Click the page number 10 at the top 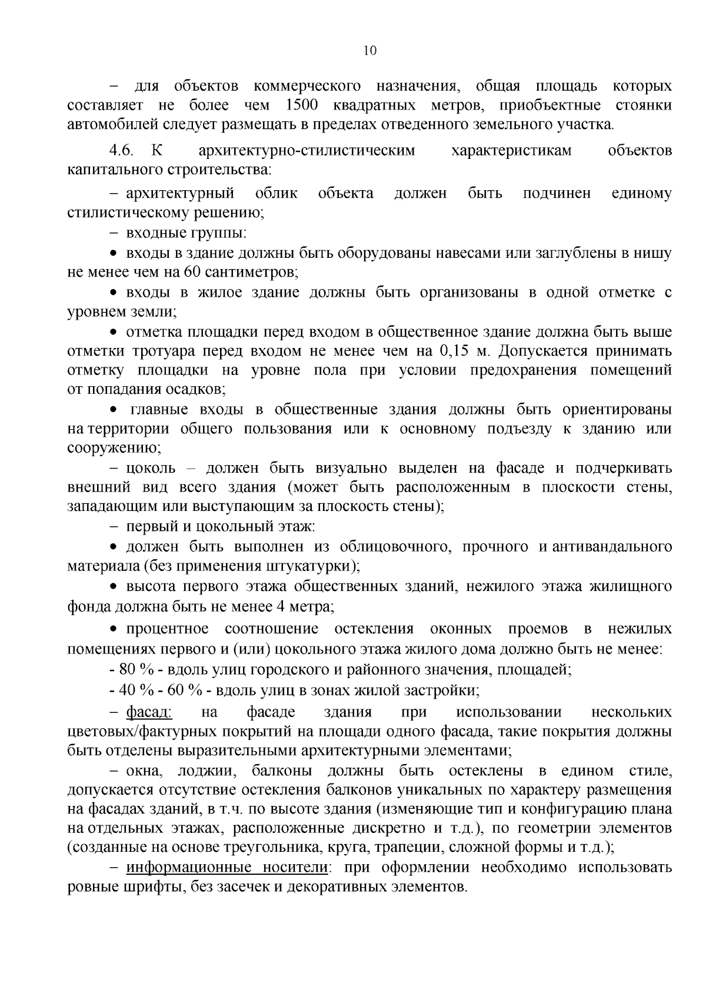369,51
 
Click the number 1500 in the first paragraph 302,105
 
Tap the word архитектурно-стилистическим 307,150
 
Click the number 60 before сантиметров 192,273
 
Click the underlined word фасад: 149,712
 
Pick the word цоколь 151,468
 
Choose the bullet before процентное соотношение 115,629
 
